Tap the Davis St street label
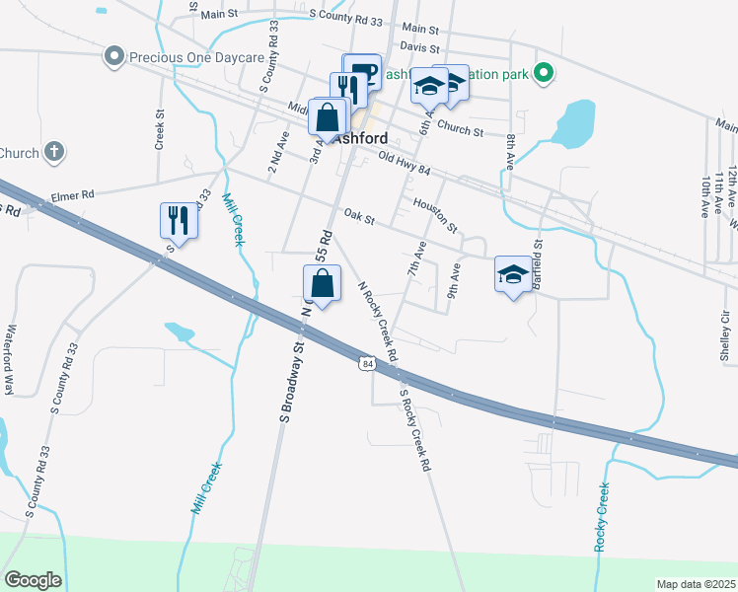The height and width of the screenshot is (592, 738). (419, 46)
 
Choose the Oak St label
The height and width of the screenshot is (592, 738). (360, 214)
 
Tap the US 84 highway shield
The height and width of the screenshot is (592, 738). (367, 364)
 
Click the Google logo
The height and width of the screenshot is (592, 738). (33, 579)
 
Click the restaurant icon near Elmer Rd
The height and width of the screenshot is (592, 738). (179, 220)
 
